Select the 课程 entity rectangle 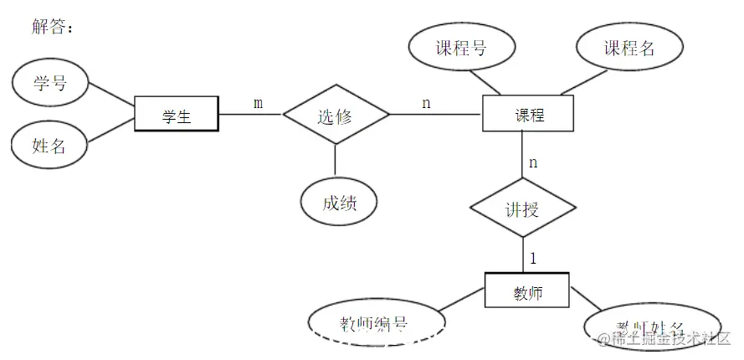pos(528,114)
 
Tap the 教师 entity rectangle pos(526,293)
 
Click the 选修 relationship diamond pos(336,116)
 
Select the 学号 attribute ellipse pos(49,84)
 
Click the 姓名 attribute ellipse pos(49,146)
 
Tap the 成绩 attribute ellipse pos(338,202)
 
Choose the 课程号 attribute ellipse pos(460,48)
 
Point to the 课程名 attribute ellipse pos(630,48)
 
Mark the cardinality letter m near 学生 pos(258,103)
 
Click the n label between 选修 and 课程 pos(426,103)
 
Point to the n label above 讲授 pos(533,162)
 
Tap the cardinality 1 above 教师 pos(533,258)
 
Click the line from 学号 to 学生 pos(111,94)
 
